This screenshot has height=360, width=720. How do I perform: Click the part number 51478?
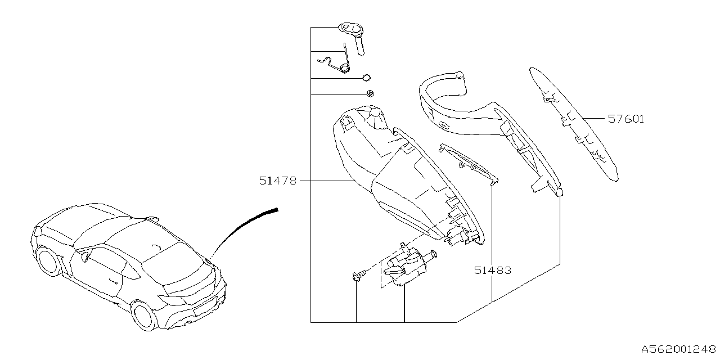pos(277,181)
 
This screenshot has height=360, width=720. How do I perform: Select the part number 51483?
pos(492,271)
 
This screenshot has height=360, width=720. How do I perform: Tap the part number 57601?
pos(625,119)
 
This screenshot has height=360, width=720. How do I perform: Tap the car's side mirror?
pos(85,257)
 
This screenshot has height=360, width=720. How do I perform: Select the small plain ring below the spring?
pos(366,78)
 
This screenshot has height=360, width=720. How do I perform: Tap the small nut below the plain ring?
pos(370,93)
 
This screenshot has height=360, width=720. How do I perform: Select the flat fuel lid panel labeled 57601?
pos(574,124)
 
